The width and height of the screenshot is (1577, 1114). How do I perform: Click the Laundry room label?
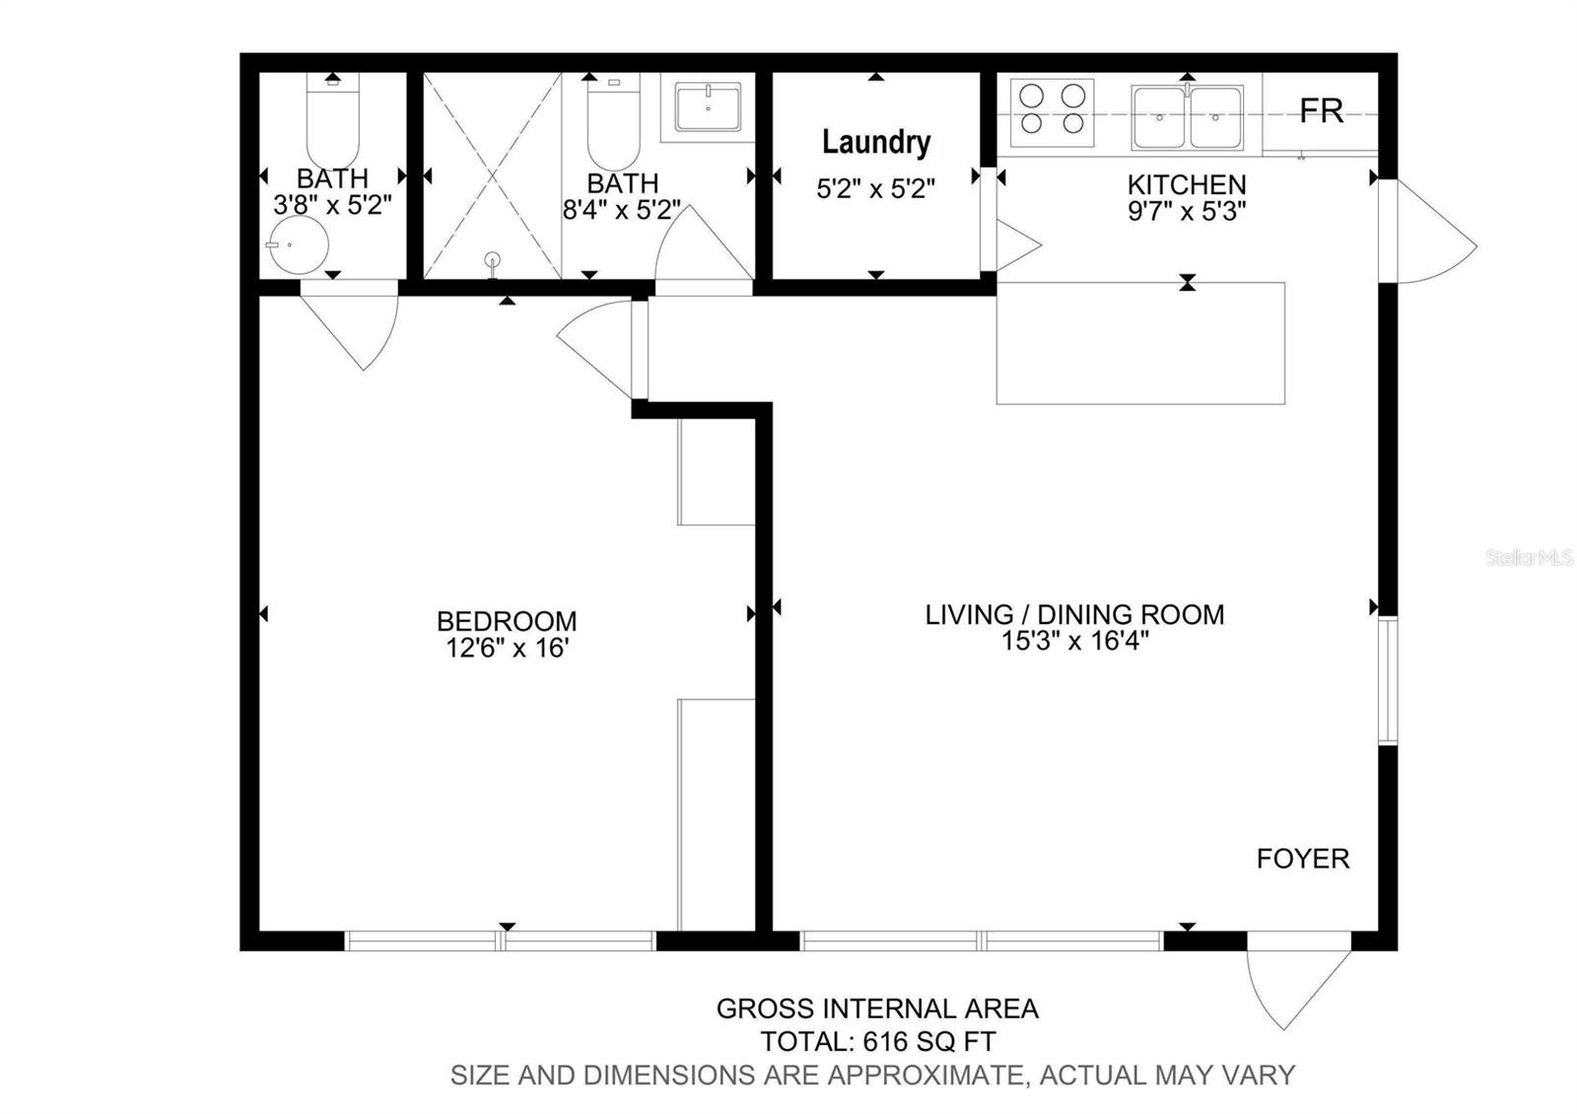(876, 143)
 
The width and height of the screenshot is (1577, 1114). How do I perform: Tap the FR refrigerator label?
(1322, 111)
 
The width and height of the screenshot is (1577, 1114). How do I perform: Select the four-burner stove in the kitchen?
(1052, 112)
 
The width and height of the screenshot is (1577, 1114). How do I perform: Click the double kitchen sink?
(1187, 117)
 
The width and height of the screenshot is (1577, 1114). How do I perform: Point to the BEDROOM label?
(507, 621)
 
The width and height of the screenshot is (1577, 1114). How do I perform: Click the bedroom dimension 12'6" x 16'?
(507, 648)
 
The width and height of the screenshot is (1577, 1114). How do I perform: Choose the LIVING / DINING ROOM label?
(1074, 615)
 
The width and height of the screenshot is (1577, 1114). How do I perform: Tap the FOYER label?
(1303, 859)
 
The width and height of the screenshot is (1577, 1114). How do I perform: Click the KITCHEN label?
(1187, 184)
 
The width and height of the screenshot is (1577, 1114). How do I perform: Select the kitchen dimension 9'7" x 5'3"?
(1187, 211)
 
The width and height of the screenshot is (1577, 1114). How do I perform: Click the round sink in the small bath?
(301, 245)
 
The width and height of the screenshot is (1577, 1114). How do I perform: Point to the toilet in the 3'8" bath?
(332, 120)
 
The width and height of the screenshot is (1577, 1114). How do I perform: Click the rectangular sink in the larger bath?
(708, 107)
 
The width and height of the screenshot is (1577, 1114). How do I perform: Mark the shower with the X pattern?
(492, 175)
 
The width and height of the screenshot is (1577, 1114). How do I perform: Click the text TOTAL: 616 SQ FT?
(878, 1041)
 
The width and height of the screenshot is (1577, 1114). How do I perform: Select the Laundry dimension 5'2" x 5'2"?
(876, 188)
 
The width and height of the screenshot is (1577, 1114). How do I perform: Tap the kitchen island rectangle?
(1140, 344)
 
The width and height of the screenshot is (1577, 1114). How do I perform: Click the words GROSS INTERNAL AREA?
(878, 1009)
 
